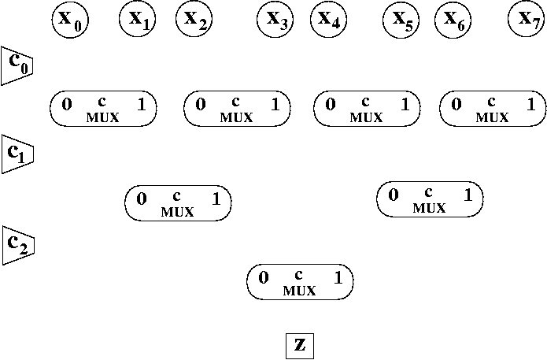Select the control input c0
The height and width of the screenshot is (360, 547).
pos(16,65)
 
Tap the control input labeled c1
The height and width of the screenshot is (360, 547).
pos(16,154)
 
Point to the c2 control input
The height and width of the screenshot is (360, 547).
pos(16,244)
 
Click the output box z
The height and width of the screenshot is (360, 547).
pos(300,345)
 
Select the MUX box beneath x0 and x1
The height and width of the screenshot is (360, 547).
pos(103,109)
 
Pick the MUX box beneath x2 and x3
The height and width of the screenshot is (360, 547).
pos(237,109)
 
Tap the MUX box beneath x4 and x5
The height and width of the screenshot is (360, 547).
pos(366,109)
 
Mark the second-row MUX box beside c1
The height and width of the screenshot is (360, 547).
pos(178,203)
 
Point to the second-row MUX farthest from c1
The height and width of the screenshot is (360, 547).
pos(430,199)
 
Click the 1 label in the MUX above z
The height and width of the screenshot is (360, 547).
pos(338,277)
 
